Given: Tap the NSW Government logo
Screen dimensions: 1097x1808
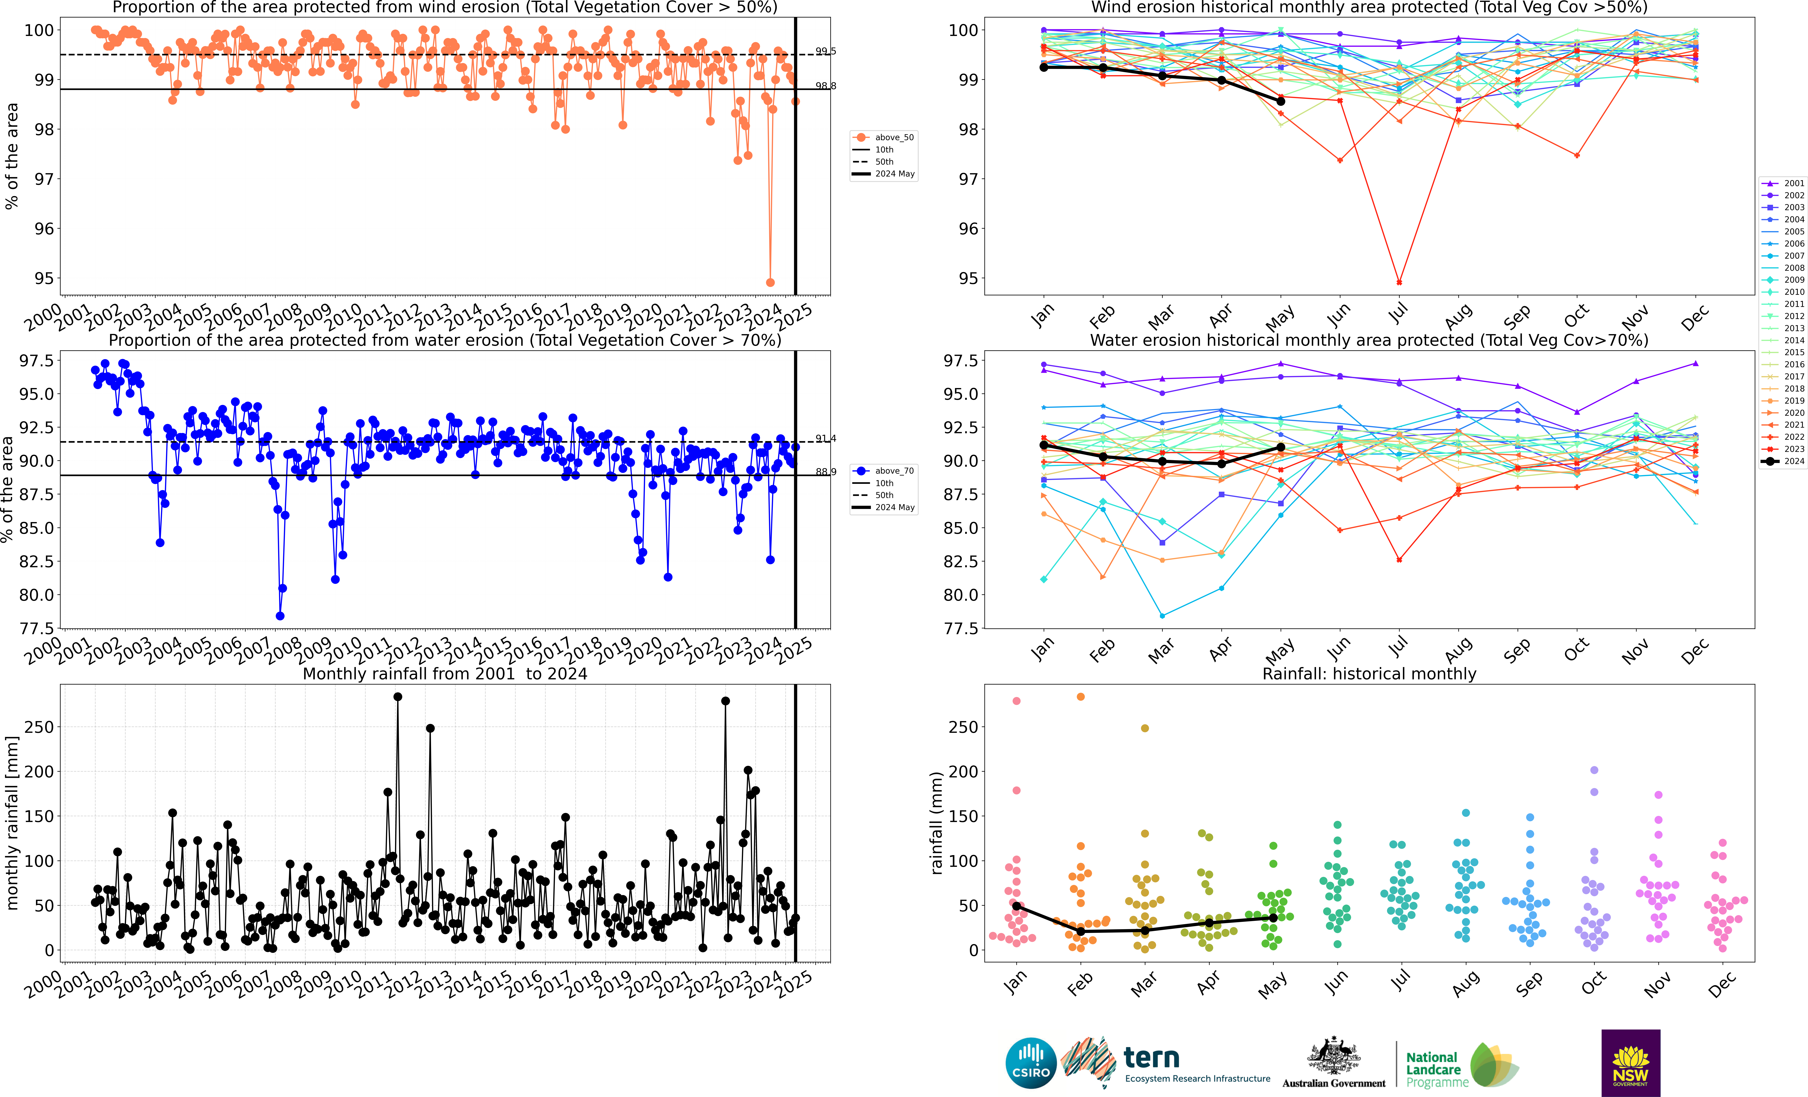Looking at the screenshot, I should point(1630,1063).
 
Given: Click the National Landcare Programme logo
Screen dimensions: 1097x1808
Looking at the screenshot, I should point(1460,1065).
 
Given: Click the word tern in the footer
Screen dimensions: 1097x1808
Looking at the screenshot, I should point(1151,1058).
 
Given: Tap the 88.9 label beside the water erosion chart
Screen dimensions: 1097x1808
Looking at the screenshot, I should point(826,472).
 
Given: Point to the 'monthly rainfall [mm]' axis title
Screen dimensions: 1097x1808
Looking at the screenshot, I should point(12,823).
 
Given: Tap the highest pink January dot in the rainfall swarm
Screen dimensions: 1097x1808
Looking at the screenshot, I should point(1016,701).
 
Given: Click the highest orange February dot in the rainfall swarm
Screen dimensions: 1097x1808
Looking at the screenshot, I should point(1080,696).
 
